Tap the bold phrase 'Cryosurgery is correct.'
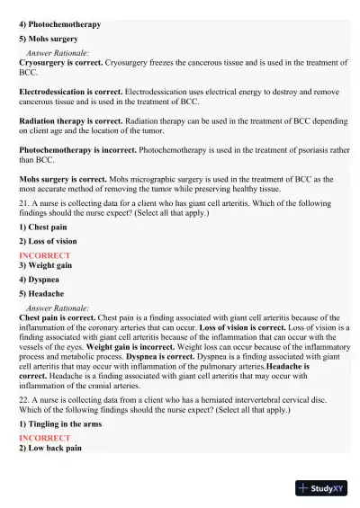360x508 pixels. pyautogui.click(x=62, y=63)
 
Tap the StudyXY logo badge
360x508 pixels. pyautogui.click(x=321, y=488)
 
